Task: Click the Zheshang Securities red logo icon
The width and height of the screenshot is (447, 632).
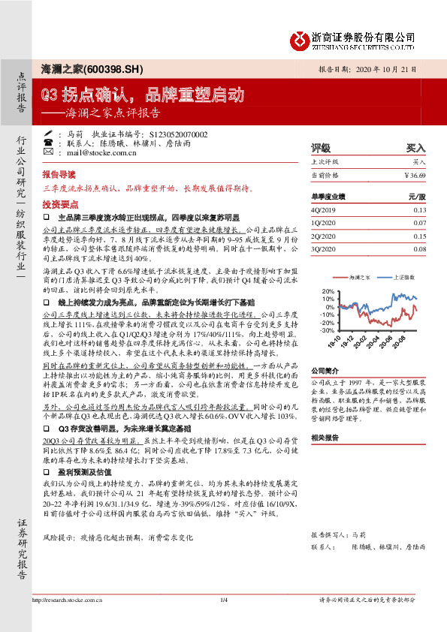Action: (299, 38)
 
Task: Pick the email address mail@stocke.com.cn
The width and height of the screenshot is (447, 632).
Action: (98, 152)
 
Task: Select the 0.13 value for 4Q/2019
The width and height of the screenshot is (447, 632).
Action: (418, 211)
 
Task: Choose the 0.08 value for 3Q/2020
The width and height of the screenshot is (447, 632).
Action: (418, 248)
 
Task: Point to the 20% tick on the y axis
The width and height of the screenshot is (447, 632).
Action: (327, 290)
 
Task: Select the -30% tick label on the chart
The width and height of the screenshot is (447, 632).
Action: (326, 330)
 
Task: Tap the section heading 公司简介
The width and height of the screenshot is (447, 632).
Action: (326, 370)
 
